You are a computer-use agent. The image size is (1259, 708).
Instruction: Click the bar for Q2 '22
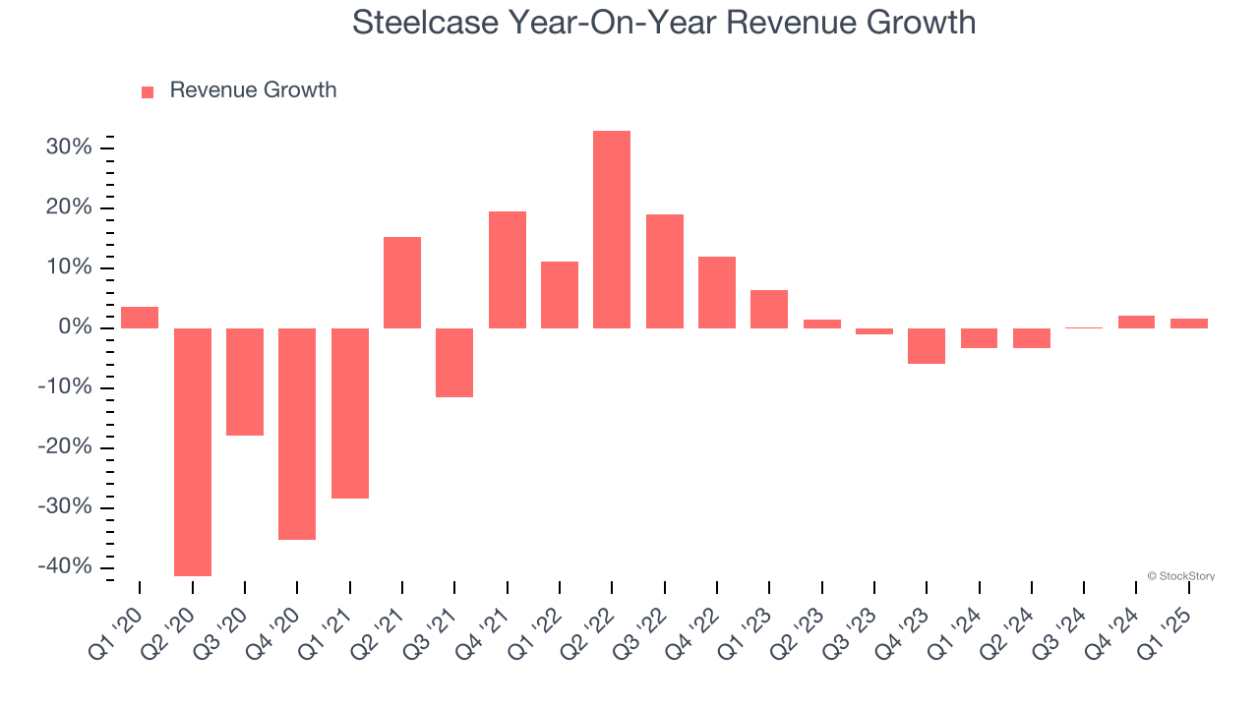click(612, 229)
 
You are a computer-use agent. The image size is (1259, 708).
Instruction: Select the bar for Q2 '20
click(193, 451)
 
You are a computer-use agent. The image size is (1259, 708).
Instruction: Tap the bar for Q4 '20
click(297, 434)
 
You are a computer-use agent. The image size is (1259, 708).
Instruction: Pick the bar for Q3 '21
click(454, 363)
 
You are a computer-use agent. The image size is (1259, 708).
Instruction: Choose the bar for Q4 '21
click(508, 269)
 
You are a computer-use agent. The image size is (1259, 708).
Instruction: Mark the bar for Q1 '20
click(140, 318)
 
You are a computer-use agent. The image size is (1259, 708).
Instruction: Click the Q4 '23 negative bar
click(927, 346)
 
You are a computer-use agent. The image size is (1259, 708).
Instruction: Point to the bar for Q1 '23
click(769, 309)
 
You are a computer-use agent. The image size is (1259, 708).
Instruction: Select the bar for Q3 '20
click(245, 382)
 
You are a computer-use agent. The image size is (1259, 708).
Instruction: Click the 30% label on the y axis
click(68, 147)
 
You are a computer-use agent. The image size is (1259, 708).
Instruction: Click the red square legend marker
click(148, 91)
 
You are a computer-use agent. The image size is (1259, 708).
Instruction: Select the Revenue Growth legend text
click(253, 90)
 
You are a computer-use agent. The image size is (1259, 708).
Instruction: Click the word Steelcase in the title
click(424, 23)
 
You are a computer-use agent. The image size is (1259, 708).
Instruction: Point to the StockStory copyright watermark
click(1180, 576)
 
